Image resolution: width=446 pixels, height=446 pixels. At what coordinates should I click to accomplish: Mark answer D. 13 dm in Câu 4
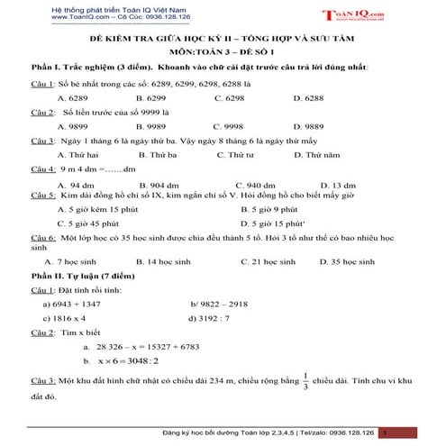point(325,184)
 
